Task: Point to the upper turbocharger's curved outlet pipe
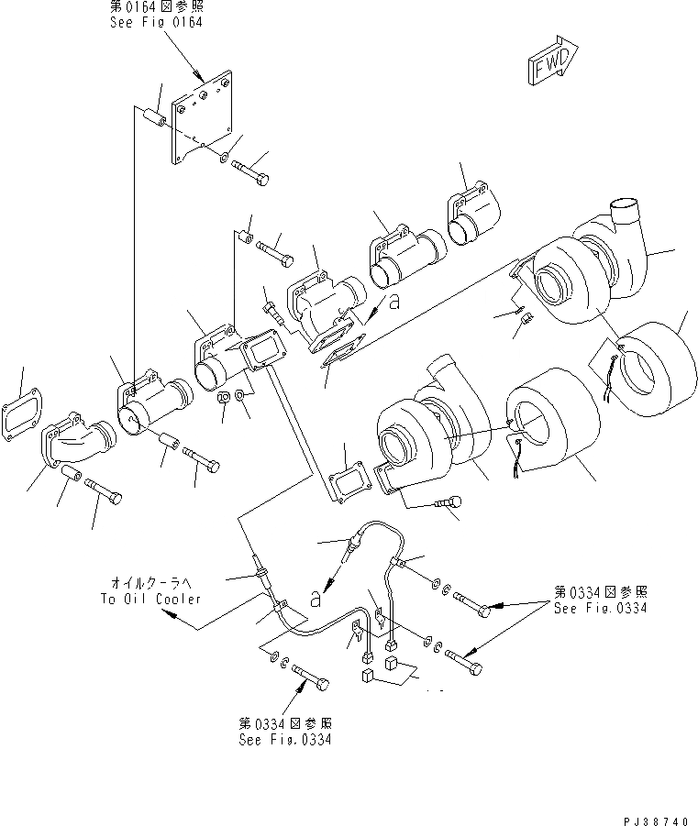click(x=628, y=225)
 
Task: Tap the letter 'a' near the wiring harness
click(x=316, y=599)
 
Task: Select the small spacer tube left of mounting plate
click(x=153, y=118)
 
